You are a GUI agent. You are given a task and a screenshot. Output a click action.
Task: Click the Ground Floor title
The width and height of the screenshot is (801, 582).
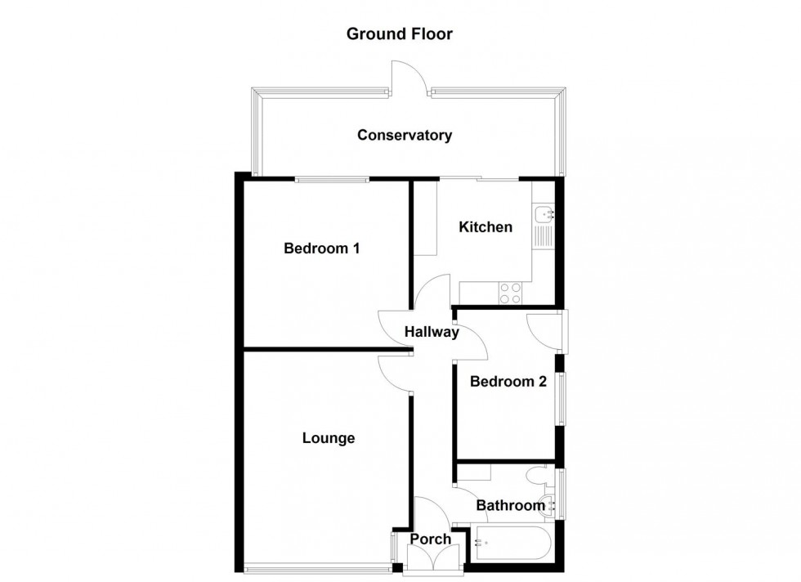[x=399, y=34]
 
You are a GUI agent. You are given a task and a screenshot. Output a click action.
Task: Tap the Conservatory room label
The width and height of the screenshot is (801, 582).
[x=404, y=135]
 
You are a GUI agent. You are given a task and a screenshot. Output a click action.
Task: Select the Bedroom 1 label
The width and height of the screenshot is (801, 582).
[x=321, y=248]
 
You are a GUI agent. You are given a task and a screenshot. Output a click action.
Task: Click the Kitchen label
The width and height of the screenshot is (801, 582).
[x=485, y=226]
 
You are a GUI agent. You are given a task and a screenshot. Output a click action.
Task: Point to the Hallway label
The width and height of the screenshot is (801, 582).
[x=432, y=332]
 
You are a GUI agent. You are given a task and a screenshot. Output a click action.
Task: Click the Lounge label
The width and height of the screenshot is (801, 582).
[x=329, y=438]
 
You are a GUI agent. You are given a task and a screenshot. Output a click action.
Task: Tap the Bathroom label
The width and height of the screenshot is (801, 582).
[x=510, y=506]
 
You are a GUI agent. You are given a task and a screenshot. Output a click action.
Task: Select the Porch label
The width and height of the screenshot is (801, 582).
[x=430, y=539]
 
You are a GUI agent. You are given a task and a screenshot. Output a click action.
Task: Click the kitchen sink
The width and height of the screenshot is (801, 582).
[x=544, y=215]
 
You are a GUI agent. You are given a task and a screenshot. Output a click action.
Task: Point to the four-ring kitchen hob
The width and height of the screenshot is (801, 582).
[x=512, y=293]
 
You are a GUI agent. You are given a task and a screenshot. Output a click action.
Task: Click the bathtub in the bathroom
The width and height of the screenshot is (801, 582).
[x=512, y=544]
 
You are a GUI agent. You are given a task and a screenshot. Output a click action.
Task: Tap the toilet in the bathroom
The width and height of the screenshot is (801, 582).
[x=540, y=477]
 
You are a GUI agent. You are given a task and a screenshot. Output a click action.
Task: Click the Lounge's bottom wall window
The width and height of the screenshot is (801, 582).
[x=317, y=568]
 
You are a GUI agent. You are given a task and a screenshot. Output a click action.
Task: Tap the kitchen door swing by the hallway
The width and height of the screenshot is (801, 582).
[x=435, y=292]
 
